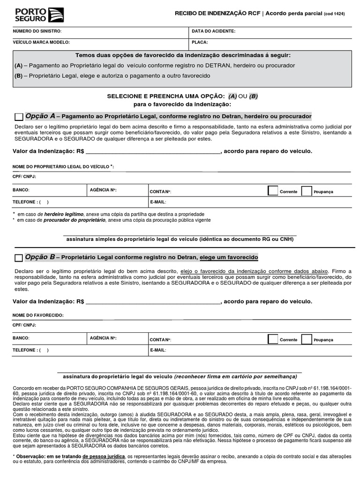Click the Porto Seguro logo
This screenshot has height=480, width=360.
(39, 15)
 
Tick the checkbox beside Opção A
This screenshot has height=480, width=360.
(19, 117)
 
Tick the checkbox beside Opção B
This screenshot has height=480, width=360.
(19, 258)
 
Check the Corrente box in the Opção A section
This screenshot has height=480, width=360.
(272, 191)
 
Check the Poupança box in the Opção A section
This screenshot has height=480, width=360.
(307, 191)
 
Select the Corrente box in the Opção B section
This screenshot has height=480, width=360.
(272, 339)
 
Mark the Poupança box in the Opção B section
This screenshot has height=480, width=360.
(307, 339)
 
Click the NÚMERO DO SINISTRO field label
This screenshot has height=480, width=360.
(37, 31)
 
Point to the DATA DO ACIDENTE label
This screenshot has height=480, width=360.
(213, 31)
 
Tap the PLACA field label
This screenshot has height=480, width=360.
(200, 42)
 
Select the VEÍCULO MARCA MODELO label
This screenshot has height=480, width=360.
(41, 42)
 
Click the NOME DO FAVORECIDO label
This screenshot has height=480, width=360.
(38, 315)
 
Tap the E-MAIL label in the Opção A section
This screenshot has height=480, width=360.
(158, 202)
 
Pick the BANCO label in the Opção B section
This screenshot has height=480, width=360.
(21, 338)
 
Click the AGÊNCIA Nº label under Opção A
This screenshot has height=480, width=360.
(103, 190)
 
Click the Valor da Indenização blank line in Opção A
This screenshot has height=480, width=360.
(153, 152)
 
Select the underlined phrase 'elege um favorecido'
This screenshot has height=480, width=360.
(229, 258)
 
